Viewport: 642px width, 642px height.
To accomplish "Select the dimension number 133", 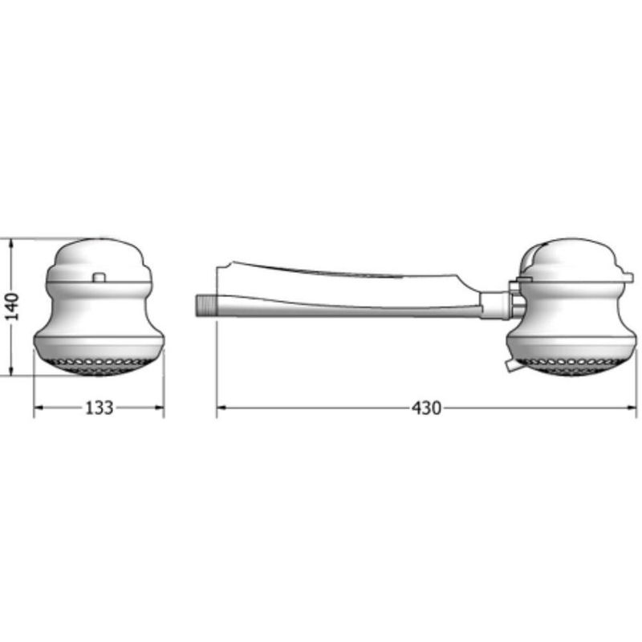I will click(99, 408).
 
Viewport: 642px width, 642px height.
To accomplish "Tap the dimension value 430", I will click(426, 408).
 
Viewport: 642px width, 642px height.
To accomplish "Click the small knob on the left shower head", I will click(100, 278).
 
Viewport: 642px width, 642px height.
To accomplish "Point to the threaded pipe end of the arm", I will click(205, 304).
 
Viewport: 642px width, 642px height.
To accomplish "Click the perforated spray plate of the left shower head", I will click(99, 365).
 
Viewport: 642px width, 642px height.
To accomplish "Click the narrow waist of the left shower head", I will click(99, 309).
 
